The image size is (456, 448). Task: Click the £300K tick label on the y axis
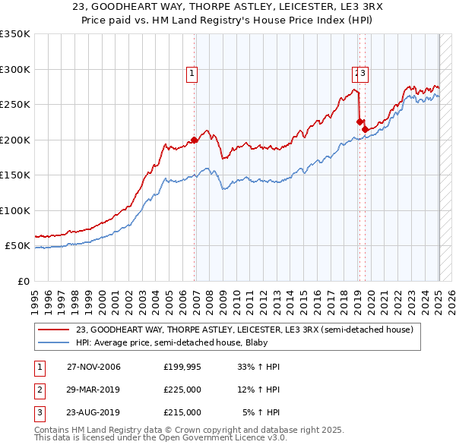[x=15, y=69]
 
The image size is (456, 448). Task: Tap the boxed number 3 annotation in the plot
[x=363, y=74]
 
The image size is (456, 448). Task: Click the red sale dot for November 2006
[x=195, y=140]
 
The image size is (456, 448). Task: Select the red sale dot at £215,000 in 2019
[x=366, y=129]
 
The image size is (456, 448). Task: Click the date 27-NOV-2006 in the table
[x=93, y=367]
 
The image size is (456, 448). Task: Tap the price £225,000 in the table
[x=182, y=390]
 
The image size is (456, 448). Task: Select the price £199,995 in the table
[x=182, y=367]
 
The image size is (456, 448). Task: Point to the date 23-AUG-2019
[x=93, y=412]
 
